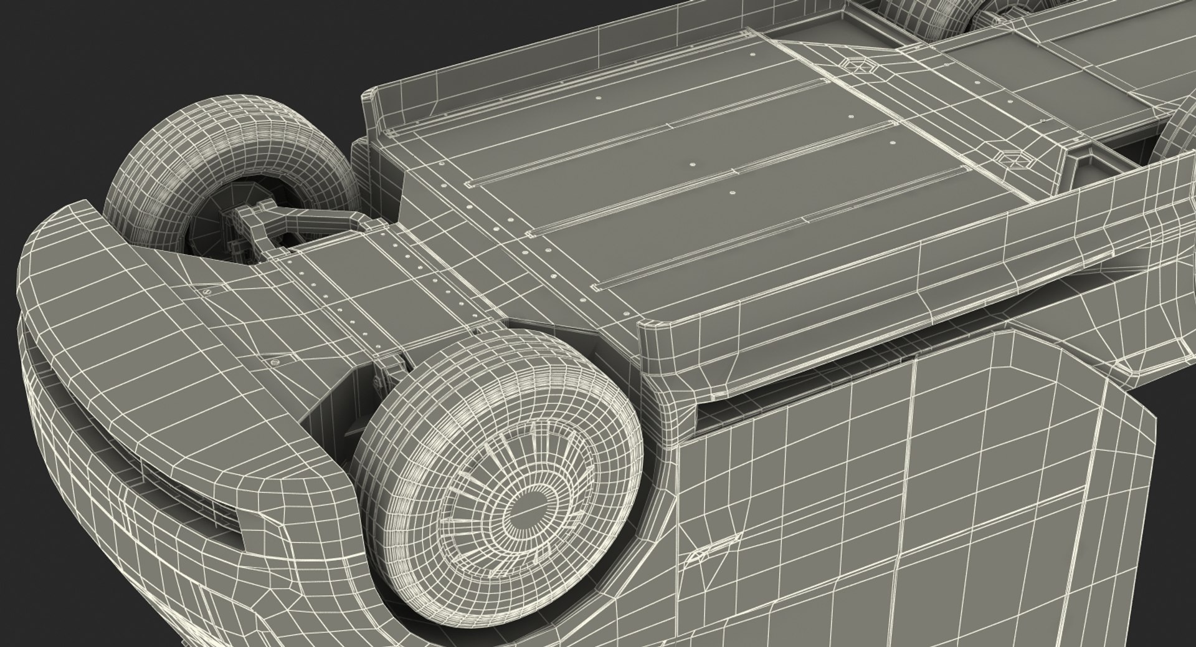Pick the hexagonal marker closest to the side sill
pyautogui.click(x=1016, y=158)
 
